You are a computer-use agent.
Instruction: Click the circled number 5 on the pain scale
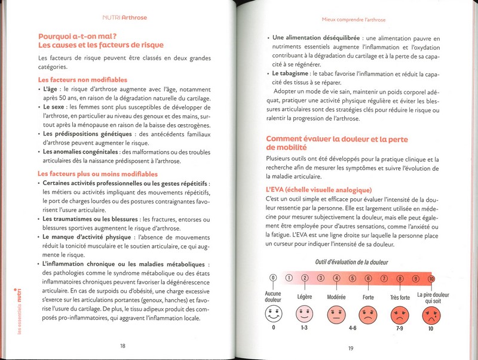click(x=352, y=278)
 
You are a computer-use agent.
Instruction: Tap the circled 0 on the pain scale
click(x=273, y=278)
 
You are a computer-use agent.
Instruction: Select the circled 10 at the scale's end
click(x=431, y=278)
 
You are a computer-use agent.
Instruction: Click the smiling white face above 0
click(x=273, y=313)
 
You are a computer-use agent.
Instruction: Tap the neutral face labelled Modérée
click(x=336, y=313)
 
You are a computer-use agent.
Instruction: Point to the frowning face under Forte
click(x=368, y=313)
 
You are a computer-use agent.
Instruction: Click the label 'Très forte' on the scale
click(x=400, y=297)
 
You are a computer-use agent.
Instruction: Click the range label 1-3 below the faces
click(x=305, y=328)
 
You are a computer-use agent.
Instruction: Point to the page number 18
click(x=122, y=345)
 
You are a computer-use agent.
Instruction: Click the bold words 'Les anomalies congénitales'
click(x=81, y=152)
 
